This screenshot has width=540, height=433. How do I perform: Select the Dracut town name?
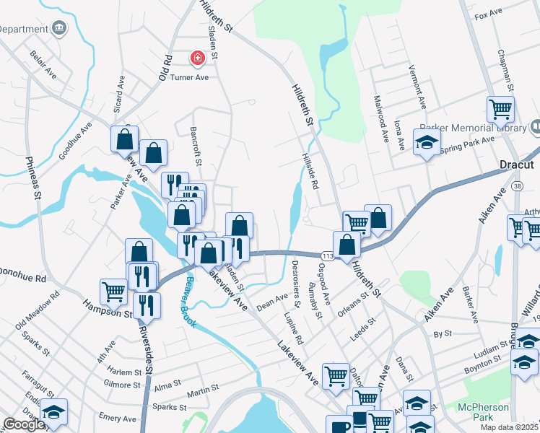tap(516, 165)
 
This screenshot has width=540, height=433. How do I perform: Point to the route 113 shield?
tap(326, 255)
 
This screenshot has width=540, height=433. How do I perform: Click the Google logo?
tap(24, 424)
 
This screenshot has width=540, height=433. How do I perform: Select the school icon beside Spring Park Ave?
tap(427, 142)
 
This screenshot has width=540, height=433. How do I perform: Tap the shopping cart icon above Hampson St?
tap(114, 291)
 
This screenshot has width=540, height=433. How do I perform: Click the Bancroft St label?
tap(193, 142)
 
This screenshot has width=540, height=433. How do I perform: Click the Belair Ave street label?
tap(43, 63)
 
